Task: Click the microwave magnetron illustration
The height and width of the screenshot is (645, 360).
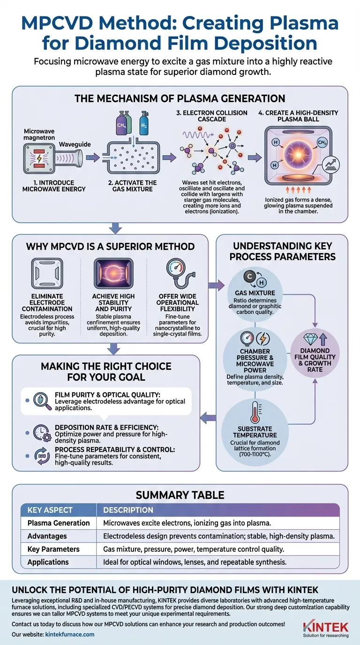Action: [38, 157]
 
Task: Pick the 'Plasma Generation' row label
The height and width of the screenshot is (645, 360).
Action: [59, 523]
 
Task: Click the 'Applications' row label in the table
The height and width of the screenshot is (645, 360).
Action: [48, 562]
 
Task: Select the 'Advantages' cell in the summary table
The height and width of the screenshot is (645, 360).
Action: [47, 536]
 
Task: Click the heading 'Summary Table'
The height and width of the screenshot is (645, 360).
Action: [180, 495]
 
